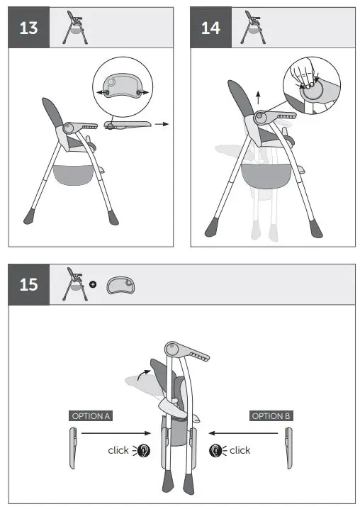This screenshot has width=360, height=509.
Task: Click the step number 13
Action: coord(29,28)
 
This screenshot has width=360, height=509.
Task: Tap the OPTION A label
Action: coord(91,416)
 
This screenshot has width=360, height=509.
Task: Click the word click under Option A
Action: coord(118,450)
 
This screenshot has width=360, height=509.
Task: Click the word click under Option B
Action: coord(240,450)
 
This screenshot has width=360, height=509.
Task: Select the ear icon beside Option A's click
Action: coord(144,450)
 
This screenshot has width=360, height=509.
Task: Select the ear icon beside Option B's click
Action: coord(215,450)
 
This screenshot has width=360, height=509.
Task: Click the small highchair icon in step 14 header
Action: coord(253,26)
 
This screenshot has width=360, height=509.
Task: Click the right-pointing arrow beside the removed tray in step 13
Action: coord(162,124)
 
